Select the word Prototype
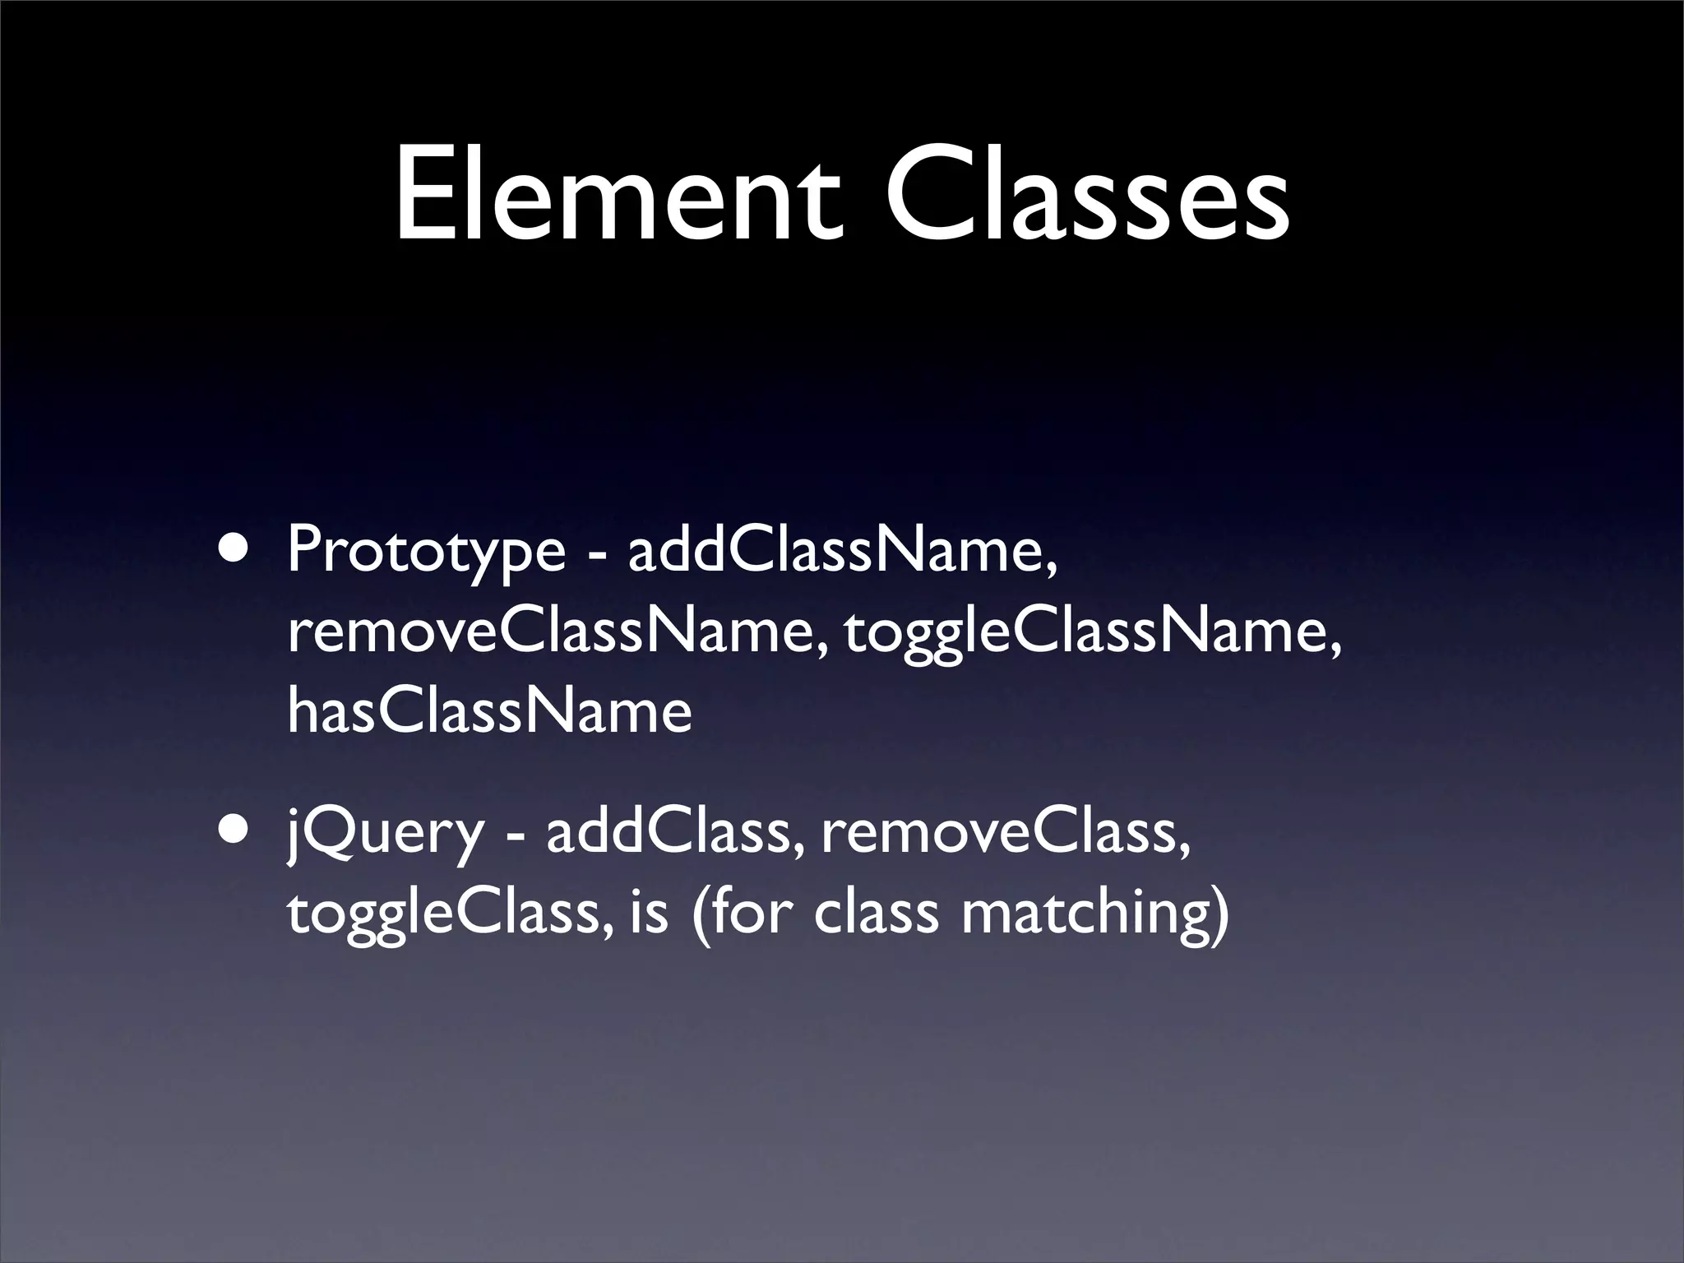click(x=426, y=552)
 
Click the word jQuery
click(x=386, y=833)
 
